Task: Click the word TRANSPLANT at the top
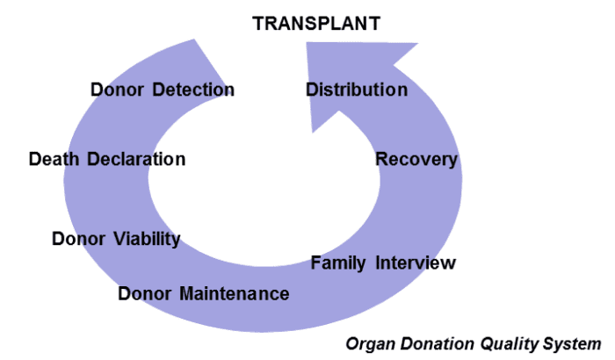click(x=316, y=24)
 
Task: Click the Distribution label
click(x=357, y=90)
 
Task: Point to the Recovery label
click(x=416, y=159)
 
